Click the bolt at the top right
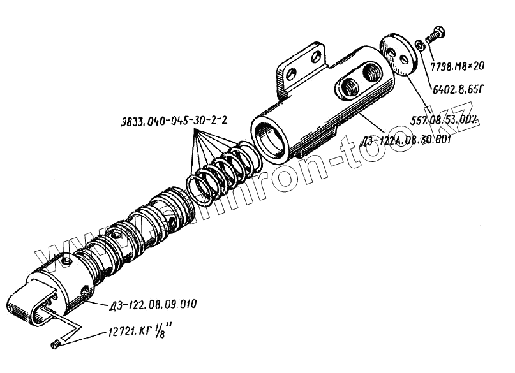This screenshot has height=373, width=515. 434,35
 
